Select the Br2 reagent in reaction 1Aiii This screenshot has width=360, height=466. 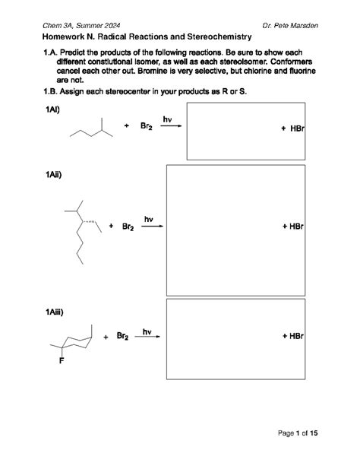tap(121, 336)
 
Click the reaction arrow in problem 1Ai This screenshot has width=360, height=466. tap(171, 127)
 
